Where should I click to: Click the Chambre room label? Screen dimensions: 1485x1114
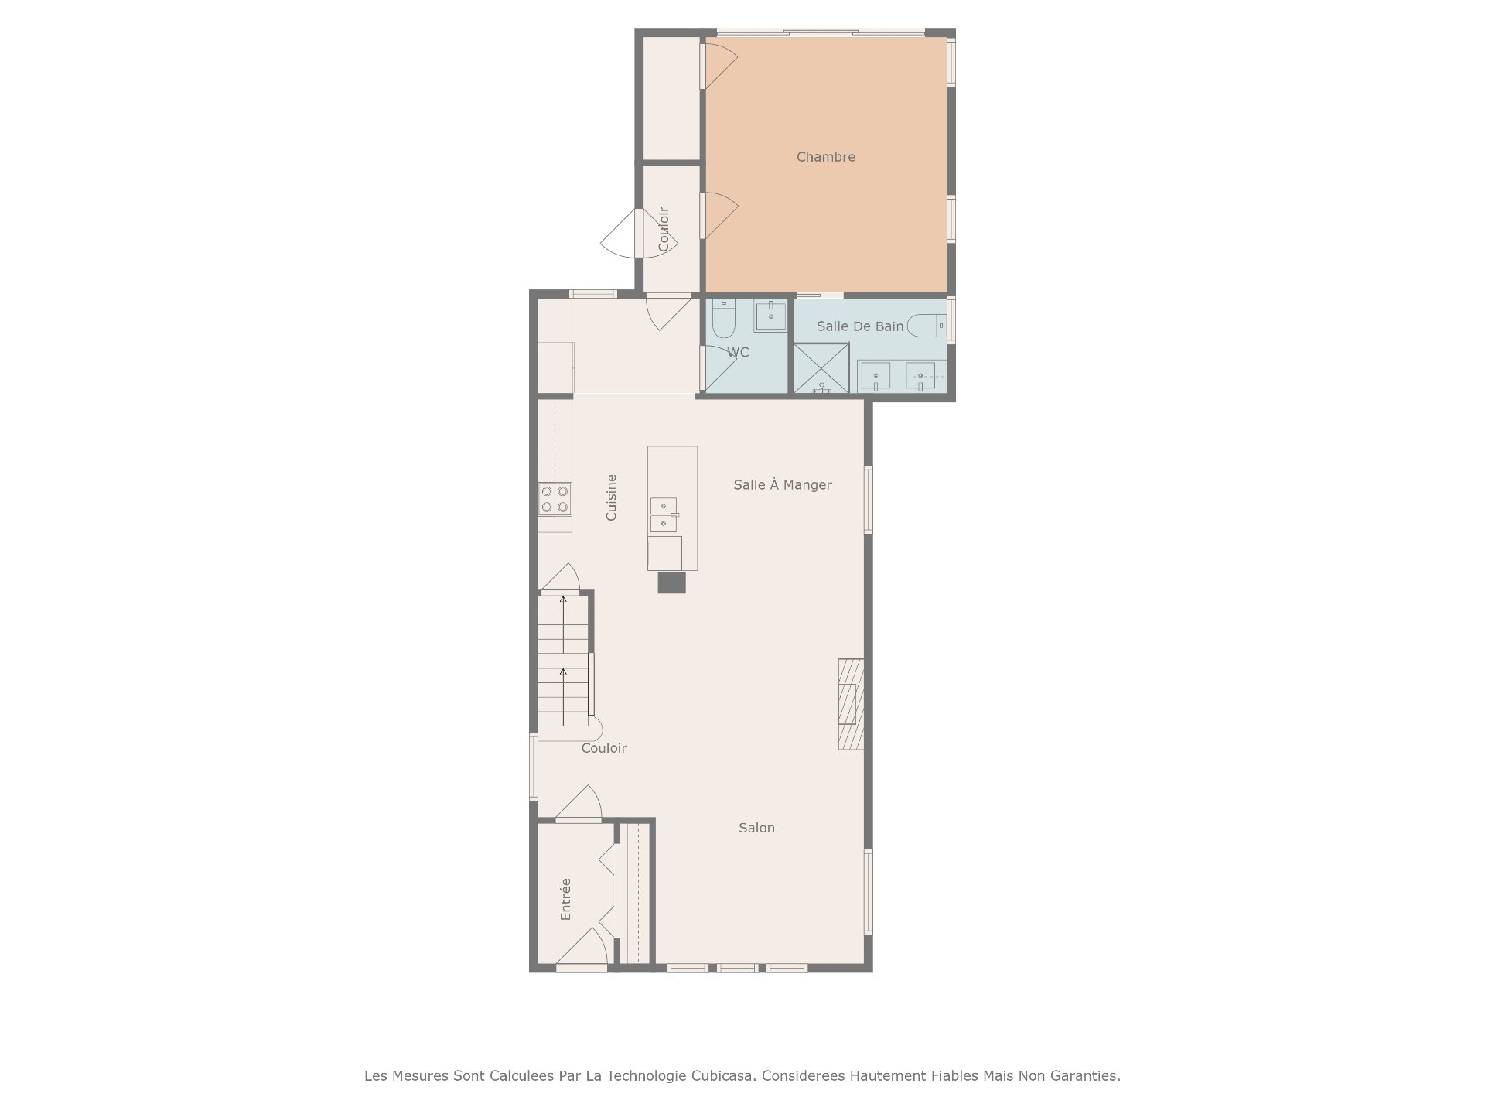826,157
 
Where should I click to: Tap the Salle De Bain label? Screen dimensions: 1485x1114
860,326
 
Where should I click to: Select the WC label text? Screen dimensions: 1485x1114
738,353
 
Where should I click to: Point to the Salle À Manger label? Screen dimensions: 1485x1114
783,485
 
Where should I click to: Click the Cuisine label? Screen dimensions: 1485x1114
611,497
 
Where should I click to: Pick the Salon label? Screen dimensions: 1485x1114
756,828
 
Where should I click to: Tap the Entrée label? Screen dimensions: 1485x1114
565,899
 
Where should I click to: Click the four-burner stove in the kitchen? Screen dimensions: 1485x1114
555,499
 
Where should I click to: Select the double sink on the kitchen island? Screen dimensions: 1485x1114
663,515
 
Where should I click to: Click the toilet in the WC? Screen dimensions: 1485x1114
724,319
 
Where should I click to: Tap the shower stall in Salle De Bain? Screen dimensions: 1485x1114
821,368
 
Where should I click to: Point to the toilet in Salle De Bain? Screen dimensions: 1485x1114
926,326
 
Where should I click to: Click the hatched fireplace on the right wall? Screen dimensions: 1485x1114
851,704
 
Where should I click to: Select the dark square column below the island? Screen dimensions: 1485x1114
671,583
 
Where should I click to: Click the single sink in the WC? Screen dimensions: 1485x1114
770,316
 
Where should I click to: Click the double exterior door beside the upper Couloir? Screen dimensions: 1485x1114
640,233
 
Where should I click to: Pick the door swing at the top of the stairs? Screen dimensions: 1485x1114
559,577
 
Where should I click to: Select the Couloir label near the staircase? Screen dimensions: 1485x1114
604,748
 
